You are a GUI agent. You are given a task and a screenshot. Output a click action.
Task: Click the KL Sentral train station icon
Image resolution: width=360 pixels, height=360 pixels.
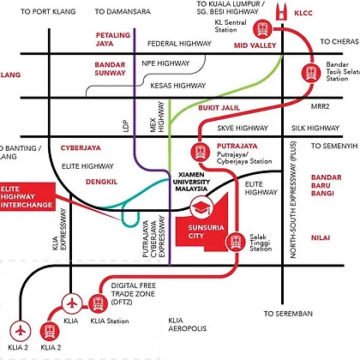[x=262, y=28]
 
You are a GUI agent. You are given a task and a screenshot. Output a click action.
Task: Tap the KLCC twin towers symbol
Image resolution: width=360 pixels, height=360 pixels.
[x=282, y=11]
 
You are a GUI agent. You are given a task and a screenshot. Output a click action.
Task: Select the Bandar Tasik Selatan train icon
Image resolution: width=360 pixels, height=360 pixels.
[x=311, y=73]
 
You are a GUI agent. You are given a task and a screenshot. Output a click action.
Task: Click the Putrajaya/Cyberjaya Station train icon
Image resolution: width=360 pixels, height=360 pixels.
[x=201, y=152]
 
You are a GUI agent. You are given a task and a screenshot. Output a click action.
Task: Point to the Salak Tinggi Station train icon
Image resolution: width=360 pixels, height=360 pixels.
[x=236, y=242]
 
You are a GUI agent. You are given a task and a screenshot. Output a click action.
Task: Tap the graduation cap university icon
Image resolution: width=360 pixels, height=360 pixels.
[x=201, y=207]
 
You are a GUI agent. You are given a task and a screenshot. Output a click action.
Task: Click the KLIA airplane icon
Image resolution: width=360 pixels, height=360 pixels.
[x=72, y=303]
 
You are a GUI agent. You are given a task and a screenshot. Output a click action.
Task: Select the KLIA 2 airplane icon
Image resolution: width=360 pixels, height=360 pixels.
[x=21, y=332]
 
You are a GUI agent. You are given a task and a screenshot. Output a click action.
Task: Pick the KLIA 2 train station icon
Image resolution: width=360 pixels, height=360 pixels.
[x=50, y=332]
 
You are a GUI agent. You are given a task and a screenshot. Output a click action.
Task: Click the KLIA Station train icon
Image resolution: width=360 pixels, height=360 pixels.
[x=98, y=303]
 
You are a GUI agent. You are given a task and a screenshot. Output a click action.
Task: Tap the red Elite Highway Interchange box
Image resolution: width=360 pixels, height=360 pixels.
[x=27, y=197]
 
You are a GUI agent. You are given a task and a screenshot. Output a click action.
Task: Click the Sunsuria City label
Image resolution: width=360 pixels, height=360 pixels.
[x=206, y=231]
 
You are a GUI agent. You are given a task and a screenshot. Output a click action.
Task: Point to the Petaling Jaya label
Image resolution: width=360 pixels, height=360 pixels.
[x=113, y=39]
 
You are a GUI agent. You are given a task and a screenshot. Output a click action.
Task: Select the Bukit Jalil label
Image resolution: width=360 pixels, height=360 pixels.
[x=219, y=108]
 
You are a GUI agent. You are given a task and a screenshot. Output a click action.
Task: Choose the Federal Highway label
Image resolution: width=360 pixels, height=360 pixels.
[x=179, y=44]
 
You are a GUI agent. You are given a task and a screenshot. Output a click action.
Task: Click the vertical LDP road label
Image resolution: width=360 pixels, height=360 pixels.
[x=126, y=126]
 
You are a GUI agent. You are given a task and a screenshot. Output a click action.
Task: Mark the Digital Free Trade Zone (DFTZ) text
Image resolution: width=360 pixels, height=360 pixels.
[x=134, y=294]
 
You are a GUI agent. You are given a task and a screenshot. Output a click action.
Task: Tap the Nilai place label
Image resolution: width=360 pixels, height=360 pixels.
[x=321, y=237]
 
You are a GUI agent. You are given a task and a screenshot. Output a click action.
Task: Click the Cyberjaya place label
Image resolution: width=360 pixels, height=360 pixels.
[x=81, y=148]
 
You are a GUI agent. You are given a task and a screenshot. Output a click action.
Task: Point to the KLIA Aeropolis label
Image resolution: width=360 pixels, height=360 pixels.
[x=187, y=324]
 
